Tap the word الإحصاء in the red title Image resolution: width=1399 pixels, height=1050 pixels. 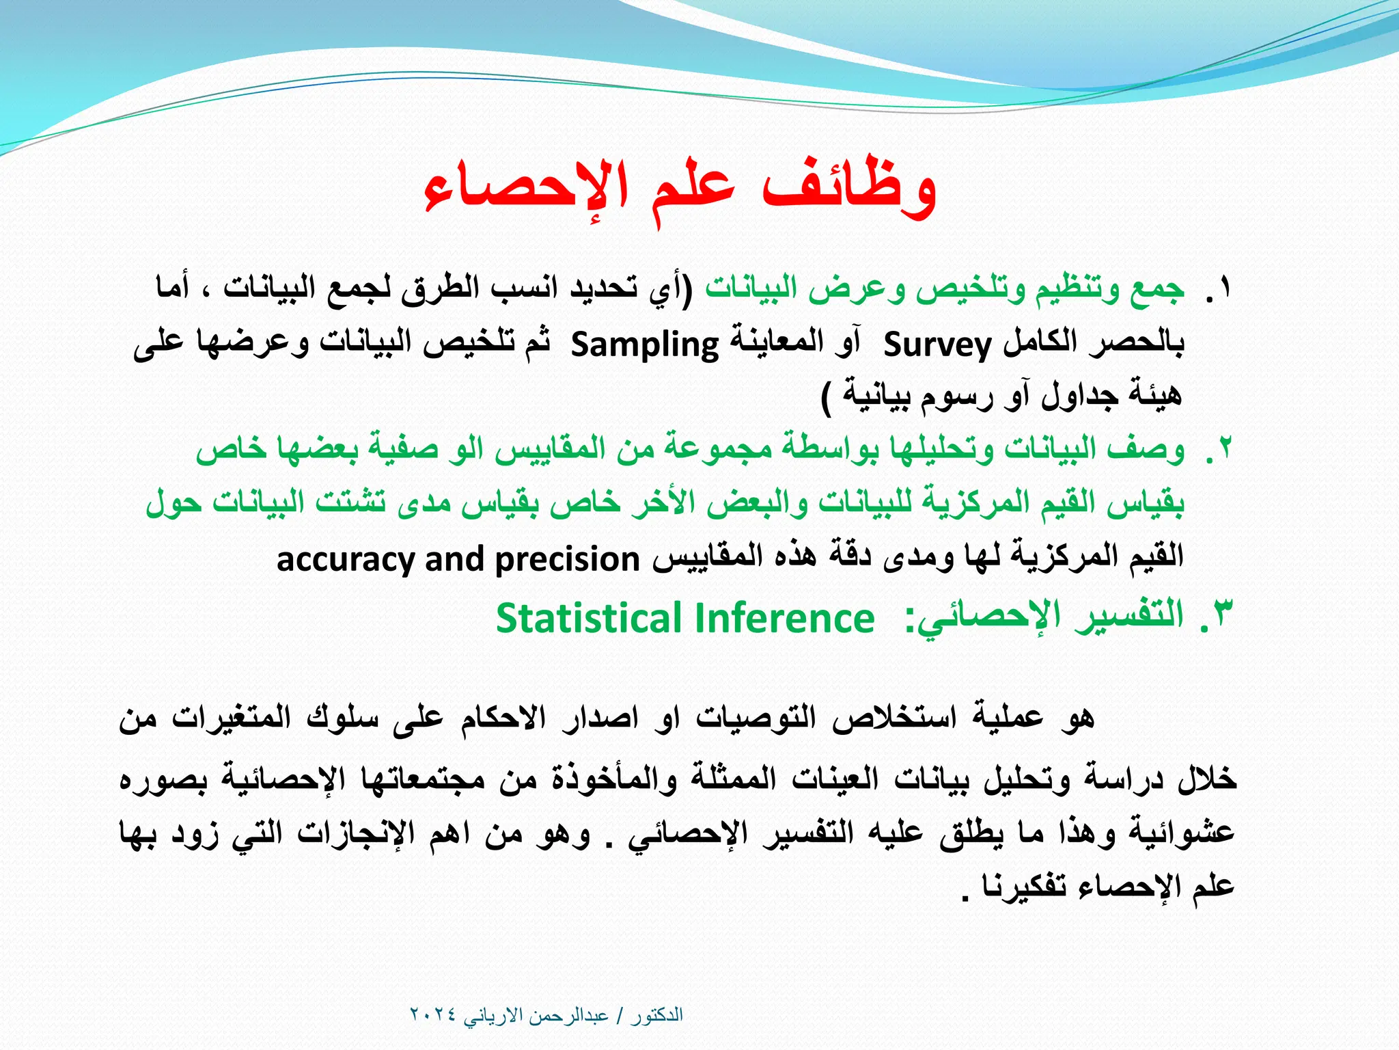click(x=526, y=188)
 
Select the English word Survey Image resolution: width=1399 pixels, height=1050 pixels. click(x=937, y=344)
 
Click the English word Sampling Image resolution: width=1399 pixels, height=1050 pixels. click(x=645, y=344)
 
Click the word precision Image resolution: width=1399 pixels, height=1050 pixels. click(x=567, y=559)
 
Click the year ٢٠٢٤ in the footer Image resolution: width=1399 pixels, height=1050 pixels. click(x=433, y=1015)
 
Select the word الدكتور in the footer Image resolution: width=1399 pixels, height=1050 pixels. click(x=656, y=1015)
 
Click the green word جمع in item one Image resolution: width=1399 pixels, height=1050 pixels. click(x=1158, y=288)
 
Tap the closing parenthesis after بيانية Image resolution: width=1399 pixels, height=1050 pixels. click(x=827, y=396)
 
